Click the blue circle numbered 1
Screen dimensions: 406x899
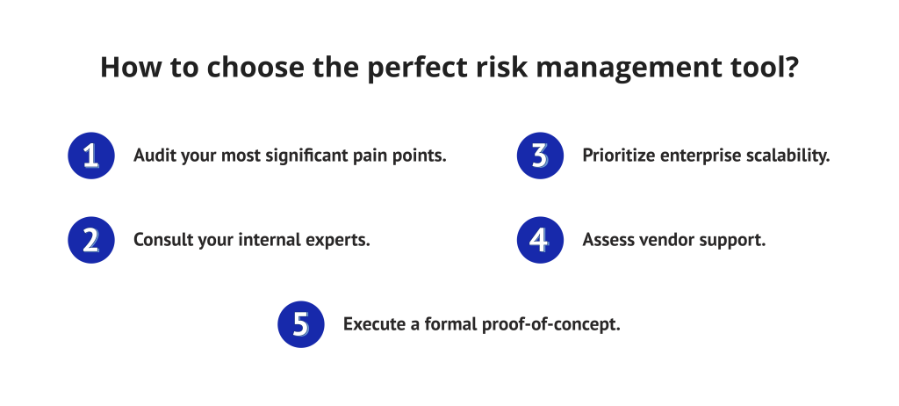(91, 156)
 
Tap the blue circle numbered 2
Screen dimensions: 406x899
(91, 240)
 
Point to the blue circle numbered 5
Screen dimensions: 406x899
(301, 324)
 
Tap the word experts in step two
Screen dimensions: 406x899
(337, 240)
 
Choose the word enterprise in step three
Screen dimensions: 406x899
(698, 156)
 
